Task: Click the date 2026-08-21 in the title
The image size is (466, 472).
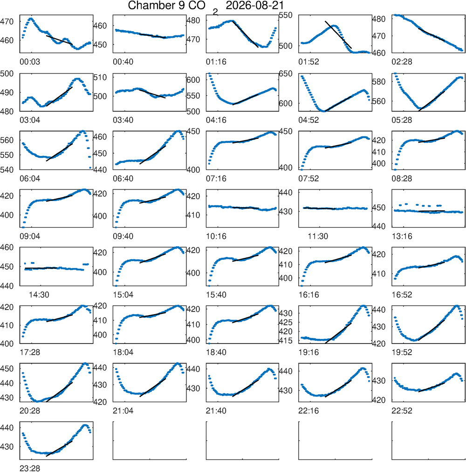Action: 255,6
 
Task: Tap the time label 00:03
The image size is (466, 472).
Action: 29,62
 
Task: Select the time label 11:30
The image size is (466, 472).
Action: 318,236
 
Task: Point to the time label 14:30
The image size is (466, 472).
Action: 39,295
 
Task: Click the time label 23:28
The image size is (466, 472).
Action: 29,468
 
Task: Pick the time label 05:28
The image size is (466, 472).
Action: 402,120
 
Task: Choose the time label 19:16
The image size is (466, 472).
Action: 308,352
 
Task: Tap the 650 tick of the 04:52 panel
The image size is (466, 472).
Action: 286,74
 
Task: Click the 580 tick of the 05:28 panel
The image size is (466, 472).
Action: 379,81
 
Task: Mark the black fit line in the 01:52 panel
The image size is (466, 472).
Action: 338,34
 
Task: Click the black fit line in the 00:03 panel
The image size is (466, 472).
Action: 59,40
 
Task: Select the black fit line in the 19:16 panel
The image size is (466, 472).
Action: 338,333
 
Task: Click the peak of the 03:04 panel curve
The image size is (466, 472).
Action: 77,79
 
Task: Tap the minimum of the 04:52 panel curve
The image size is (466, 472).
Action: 323,111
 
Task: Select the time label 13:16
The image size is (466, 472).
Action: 402,236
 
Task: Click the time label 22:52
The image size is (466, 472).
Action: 402,411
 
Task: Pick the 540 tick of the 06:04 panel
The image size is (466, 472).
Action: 7,170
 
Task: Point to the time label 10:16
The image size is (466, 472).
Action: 216,236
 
